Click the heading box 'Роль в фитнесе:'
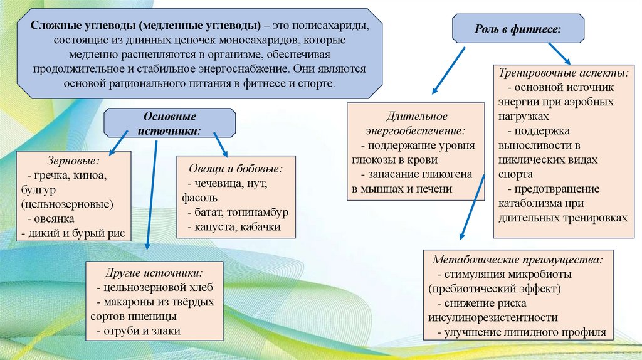tap(518, 29)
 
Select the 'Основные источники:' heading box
tap(171, 123)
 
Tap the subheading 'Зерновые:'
tap(63, 161)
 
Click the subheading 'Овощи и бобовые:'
tap(235, 169)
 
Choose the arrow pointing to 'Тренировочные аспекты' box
tap(559, 53)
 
